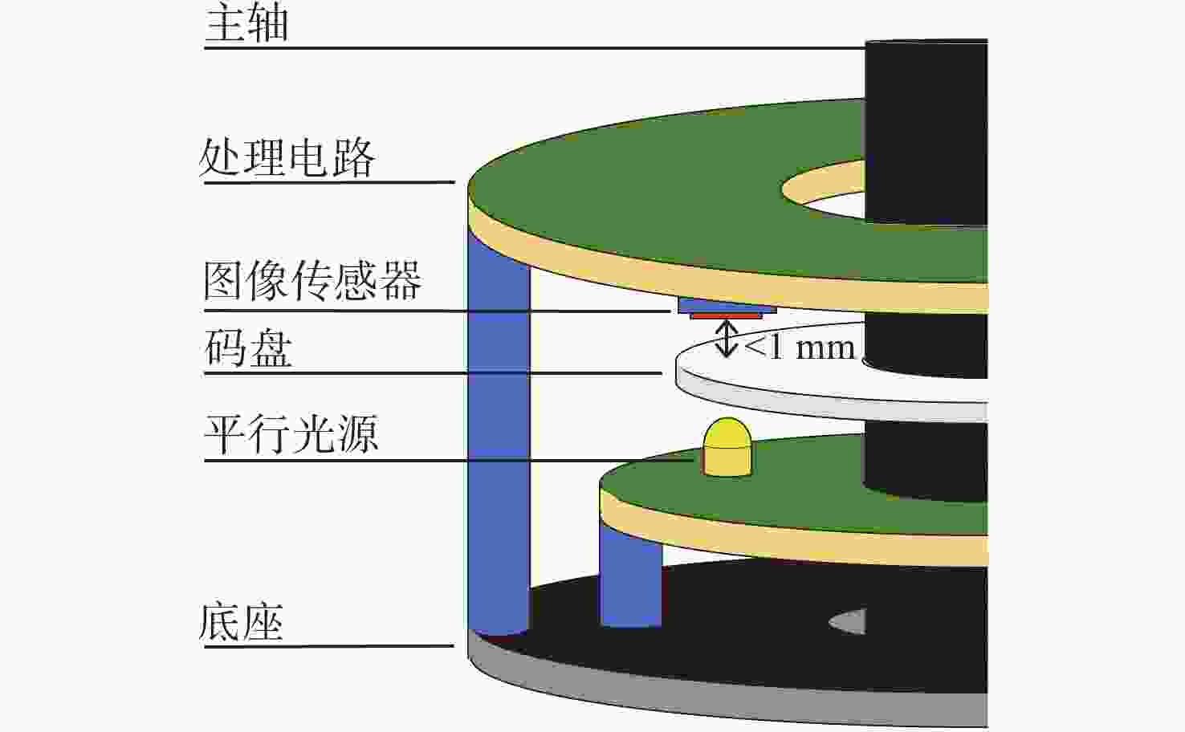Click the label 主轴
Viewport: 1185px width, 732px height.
[246, 23]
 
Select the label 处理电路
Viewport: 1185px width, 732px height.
[287, 158]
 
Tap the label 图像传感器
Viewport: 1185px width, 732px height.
[312, 280]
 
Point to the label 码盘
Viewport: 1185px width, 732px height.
[248, 348]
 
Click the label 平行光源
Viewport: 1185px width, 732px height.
[291, 434]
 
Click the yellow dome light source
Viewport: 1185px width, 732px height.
[727, 447]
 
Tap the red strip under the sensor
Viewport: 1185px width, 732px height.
[727, 316]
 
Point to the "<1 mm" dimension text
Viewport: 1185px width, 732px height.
[800, 348]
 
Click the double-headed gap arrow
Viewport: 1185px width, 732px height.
[727, 339]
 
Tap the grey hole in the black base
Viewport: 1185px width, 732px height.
[848, 622]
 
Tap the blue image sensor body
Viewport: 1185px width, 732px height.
[727, 305]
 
